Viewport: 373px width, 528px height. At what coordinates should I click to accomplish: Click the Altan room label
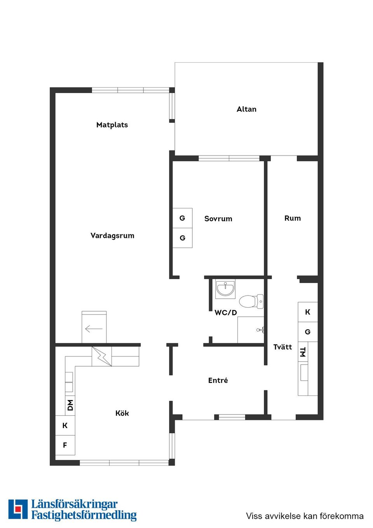(x=246, y=109)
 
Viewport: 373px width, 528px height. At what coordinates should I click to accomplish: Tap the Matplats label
(x=112, y=125)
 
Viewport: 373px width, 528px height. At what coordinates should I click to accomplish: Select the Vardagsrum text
(x=112, y=236)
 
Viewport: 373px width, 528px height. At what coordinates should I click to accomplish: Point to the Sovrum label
(x=218, y=219)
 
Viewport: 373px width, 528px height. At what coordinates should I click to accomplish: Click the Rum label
(x=293, y=218)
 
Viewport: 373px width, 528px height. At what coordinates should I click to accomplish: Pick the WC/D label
(x=226, y=313)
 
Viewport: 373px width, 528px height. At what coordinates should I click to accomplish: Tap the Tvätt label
(x=282, y=347)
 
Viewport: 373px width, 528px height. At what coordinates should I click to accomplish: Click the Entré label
(x=218, y=380)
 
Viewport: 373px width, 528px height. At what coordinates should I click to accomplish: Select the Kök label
(x=122, y=413)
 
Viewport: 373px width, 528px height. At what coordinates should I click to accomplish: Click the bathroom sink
(x=225, y=289)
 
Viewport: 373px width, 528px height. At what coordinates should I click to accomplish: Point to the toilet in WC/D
(x=251, y=301)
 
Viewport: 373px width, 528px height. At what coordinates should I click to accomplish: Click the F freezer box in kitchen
(x=65, y=445)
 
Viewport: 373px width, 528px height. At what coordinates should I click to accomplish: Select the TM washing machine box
(x=303, y=352)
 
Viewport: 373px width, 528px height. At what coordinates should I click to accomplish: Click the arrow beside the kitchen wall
(x=94, y=329)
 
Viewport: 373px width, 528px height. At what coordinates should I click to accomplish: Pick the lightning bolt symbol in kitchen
(x=101, y=356)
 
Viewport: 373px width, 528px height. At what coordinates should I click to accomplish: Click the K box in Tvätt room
(x=308, y=312)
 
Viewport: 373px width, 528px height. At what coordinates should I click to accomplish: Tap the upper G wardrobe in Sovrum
(x=183, y=218)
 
